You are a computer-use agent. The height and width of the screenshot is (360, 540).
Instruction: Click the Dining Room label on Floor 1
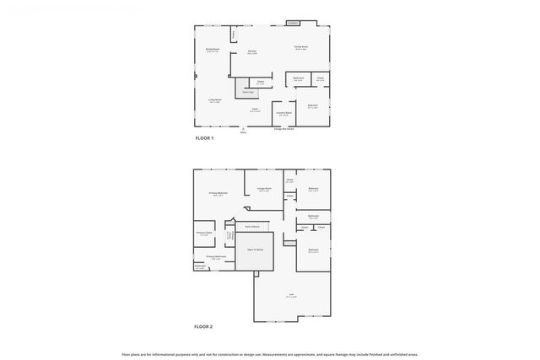click(212, 50)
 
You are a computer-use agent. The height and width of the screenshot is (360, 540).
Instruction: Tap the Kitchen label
click(251, 52)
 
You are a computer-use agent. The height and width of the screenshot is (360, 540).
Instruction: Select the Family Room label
click(300, 47)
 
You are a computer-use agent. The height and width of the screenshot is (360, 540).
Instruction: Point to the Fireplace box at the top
click(293, 22)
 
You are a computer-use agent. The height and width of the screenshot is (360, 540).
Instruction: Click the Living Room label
click(215, 100)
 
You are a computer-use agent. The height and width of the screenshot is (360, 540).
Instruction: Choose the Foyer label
click(254, 109)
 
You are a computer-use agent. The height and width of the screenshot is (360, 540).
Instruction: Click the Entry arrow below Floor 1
click(243, 128)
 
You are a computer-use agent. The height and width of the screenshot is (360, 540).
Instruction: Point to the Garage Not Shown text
click(283, 129)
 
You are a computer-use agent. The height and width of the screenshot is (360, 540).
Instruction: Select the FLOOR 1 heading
click(204, 137)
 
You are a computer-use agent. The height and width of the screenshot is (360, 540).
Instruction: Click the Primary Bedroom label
click(219, 193)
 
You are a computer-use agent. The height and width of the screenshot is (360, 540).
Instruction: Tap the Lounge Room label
click(263, 190)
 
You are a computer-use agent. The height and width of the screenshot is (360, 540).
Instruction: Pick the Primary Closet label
click(203, 234)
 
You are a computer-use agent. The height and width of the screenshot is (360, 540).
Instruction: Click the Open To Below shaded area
click(255, 250)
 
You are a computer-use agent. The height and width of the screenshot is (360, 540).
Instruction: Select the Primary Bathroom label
click(215, 257)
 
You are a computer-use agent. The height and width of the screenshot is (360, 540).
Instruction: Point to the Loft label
click(290, 296)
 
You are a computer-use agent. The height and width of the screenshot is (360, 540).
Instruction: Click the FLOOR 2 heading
click(204, 326)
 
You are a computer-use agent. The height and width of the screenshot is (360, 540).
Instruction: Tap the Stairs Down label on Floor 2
click(251, 227)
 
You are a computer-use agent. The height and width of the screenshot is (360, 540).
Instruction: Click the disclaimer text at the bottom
click(269, 354)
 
